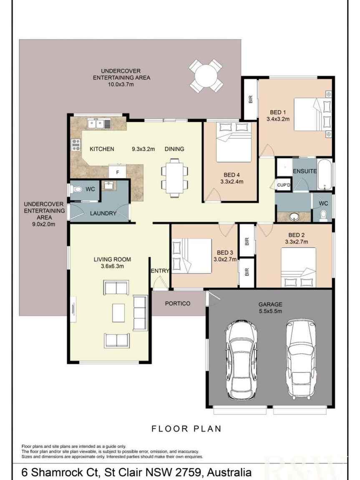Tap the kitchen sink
click(99, 124)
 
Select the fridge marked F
click(118, 172)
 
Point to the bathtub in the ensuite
click(325, 175)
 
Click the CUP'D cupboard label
click(284, 185)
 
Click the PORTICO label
click(178, 303)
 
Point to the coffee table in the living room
click(118, 313)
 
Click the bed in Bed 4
click(234, 142)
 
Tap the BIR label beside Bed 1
click(251, 99)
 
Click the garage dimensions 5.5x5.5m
click(270, 311)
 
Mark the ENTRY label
click(160, 270)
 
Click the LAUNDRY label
click(103, 213)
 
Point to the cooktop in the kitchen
click(76, 144)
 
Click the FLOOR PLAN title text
click(186, 429)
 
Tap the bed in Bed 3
click(192, 256)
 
